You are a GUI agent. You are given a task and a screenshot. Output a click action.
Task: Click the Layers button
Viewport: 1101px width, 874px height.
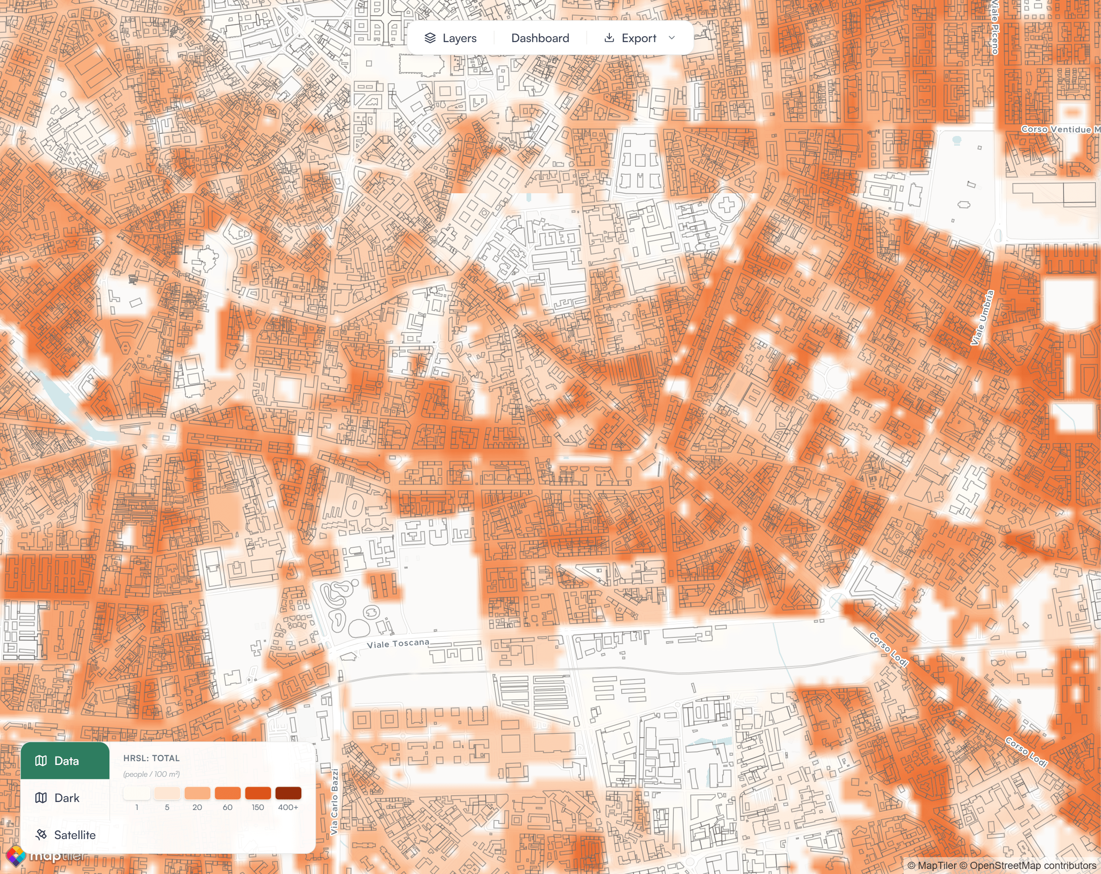click(x=450, y=38)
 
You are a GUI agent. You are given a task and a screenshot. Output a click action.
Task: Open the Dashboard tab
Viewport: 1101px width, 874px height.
click(x=540, y=38)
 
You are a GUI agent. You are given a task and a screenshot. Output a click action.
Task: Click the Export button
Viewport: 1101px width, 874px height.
click(x=630, y=38)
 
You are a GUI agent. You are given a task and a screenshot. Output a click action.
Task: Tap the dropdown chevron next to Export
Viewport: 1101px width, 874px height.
click(x=672, y=38)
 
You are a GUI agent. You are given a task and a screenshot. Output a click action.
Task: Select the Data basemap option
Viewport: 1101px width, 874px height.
click(x=65, y=761)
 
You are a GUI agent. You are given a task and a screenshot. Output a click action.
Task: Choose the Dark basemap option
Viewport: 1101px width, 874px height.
click(x=65, y=798)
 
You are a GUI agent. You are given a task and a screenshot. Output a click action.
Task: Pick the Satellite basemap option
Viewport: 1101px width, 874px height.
click(x=65, y=835)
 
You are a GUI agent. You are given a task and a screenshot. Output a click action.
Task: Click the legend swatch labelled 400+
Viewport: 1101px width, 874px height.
click(x=288, y=793)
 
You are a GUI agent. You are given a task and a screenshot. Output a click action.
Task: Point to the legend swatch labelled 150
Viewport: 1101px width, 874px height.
click(x=258, y=793)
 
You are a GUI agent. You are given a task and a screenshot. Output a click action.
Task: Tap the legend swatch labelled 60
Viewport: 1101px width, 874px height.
click(x=228, y=793)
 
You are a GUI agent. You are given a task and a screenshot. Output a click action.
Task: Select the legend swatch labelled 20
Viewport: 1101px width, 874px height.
click(x=197, y=793)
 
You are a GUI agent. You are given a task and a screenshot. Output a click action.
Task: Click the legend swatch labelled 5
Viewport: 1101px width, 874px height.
click(x=167, y=793)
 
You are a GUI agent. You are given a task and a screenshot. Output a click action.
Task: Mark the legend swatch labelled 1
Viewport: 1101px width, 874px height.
click(x=137, y=793)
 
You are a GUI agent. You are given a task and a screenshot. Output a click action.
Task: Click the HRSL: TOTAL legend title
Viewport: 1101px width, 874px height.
click(x=151, y=758)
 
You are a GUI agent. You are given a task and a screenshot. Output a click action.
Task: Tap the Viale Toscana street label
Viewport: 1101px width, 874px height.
click(x=398, y=643)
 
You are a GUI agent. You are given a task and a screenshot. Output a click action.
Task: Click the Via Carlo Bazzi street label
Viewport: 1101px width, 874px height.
click(x=335, y=802)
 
